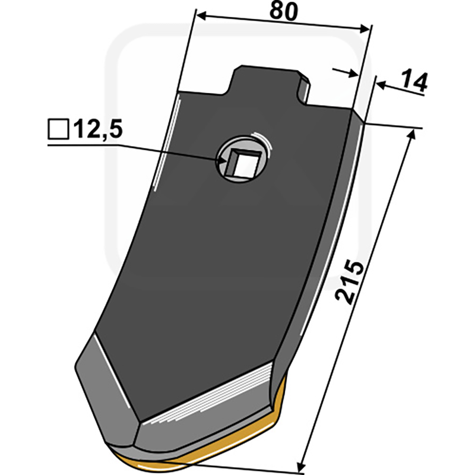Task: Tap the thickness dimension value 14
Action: coord(413,81)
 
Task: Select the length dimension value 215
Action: coord(349,281)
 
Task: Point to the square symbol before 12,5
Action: coord(58,129)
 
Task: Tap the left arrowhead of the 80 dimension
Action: coord(202,16)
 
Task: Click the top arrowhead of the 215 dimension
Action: coord(411,135)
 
